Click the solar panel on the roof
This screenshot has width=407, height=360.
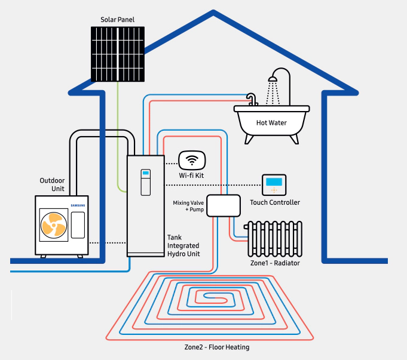[118, 54]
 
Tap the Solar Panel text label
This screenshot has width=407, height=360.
[117, 20]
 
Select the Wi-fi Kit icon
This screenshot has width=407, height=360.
[192, 161]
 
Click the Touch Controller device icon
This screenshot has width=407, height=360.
[274, 184]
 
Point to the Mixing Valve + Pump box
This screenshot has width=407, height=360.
[224, 206]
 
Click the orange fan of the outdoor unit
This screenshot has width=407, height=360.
[54, 225]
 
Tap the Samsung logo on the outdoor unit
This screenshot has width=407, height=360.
[78, 205]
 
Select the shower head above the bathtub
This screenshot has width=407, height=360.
[273, 79]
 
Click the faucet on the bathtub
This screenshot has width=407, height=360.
[252, 99]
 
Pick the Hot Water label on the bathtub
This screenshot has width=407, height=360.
[271, 122]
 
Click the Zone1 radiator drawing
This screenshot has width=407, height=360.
[273, 239]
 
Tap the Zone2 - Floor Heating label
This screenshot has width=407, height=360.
[217, 347]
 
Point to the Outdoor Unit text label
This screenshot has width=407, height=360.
[52, 184]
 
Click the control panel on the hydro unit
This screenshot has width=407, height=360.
[146, 182]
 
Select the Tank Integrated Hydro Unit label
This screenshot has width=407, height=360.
[183, 245]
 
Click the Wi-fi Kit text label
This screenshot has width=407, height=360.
[191, 176]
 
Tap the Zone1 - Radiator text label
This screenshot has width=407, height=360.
[275, 263]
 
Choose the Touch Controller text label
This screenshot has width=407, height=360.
[275, 202]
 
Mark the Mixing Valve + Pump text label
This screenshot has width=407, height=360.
[188, 206]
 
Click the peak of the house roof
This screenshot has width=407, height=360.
[213, 11]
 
